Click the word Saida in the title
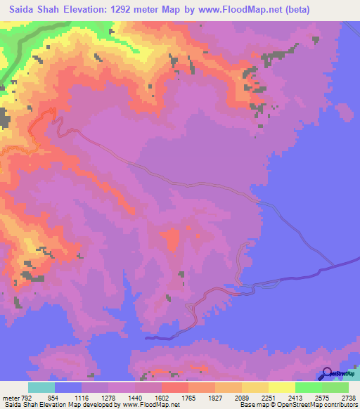(26, 9)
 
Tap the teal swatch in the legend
(41, 388)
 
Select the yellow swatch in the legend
(281, 388)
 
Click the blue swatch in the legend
(68, 388)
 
